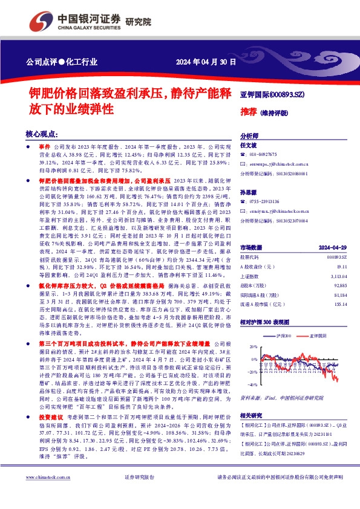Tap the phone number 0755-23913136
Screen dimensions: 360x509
[x=265, y=202]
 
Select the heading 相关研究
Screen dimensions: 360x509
[x=250, y=415]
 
